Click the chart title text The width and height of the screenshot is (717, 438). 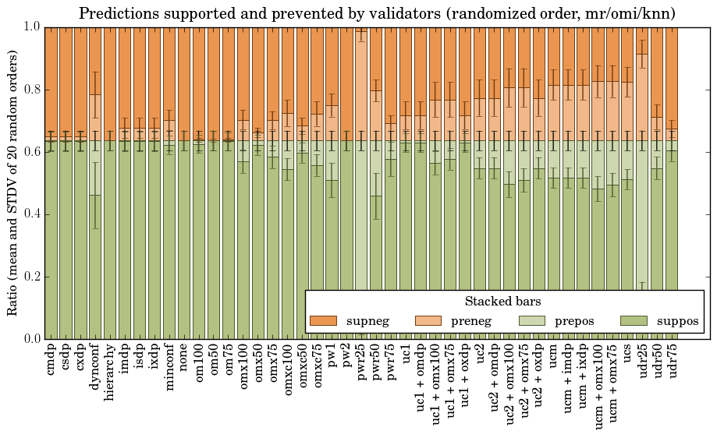[377, 13]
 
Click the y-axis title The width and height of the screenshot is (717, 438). [13, 182]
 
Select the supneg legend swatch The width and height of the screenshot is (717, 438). [323, 321]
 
